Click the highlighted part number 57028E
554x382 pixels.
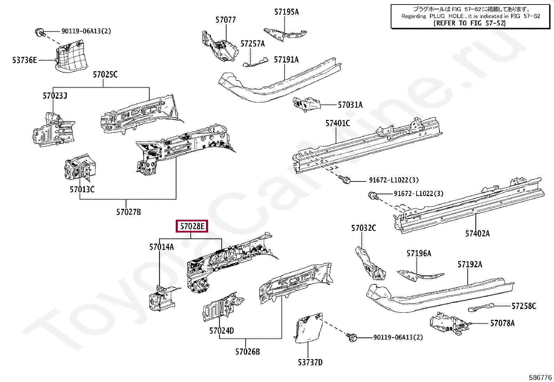click(192, 227)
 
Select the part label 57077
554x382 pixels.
click(225, 20)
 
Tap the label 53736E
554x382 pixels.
click(24, 60)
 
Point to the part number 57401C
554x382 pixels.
click(338, 123)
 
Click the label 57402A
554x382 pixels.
click(477, 234)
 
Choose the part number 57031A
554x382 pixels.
click(350, 105)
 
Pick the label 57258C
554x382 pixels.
click(524, 306)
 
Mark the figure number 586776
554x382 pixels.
click(540, 377)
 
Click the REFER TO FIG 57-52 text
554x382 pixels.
click(469, 23)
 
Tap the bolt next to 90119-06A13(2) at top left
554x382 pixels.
click(40, 32)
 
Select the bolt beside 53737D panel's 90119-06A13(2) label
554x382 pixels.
click(351, 336)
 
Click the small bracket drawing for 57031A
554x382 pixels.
click(306, 104)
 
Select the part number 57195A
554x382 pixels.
click(286, 12)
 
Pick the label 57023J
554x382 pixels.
click(55, 96)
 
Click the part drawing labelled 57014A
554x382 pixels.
click(162, 298)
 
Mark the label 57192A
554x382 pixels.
click(469, 265)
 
